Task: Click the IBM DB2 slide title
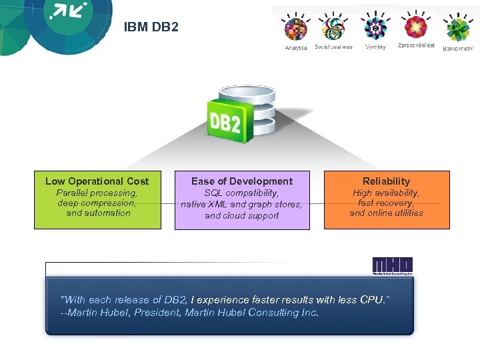pos(151,28)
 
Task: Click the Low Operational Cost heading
pos(97,181)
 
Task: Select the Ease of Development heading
pos(241,181)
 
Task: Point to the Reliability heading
pos(386,181)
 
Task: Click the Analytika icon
pos(295,29)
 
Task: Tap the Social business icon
pos(333,29)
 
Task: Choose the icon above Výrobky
pos(375,27)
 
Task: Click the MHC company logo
pos(392,265)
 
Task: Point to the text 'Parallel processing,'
pos(97,193)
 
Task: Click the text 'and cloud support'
pos(241,216)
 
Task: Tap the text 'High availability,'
pos(386,193)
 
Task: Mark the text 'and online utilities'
pos(386,213)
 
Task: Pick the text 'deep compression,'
pos(97,203)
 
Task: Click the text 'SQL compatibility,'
pos(241,193)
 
